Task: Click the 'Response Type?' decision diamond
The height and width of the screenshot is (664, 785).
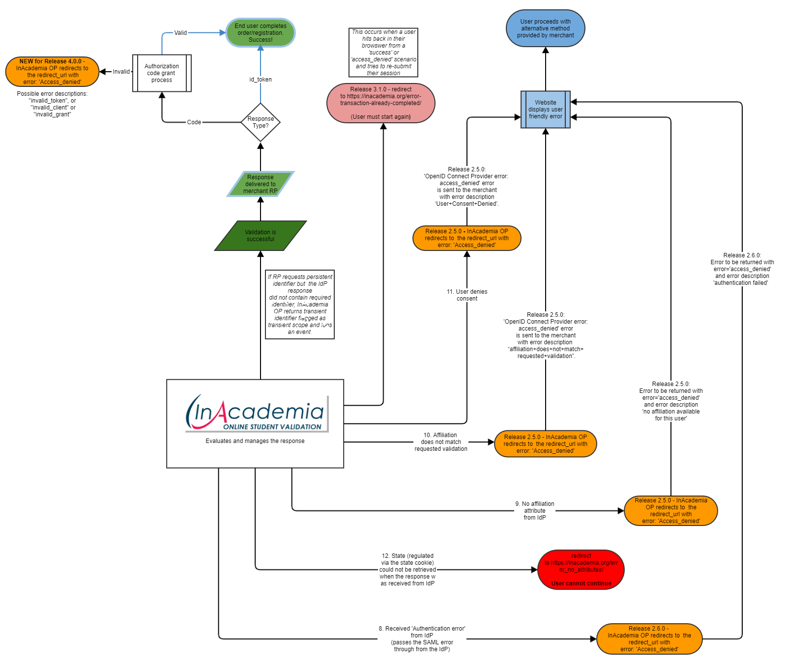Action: tap(261, 122)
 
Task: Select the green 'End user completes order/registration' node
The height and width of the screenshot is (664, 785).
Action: tap(261, 33)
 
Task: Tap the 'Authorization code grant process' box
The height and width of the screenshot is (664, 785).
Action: tap(162, 73)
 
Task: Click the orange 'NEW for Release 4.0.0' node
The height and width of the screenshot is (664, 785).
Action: tap(52, 72)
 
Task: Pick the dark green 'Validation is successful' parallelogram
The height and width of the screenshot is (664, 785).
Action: tap(261, 236)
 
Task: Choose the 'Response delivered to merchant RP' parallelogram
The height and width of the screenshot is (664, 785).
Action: tap(261, 184)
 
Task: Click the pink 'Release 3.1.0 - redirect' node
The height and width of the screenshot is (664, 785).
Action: tap(381, 103)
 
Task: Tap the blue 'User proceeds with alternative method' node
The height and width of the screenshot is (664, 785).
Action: tap(545, 28)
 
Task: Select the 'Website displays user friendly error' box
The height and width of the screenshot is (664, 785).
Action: tap(546, 110)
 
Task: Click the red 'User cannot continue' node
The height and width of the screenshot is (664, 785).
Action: tap(581, 570)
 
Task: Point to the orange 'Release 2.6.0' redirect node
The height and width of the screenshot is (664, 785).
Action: tap(649, 639)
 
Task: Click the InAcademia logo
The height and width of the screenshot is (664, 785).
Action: tap(256, 413)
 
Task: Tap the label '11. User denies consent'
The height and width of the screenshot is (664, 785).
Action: tap(467, 295)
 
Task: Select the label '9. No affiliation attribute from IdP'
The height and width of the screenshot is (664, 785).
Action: tap(535, 511)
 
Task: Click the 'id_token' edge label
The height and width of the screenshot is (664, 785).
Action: tap(261, 80)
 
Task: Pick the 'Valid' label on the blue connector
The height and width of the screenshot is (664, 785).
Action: tap(180, 33)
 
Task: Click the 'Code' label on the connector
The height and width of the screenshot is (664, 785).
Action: tap(194, 122)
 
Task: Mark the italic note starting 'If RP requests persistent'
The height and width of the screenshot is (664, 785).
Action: tap(300, 304)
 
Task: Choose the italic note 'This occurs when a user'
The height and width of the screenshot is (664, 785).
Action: tap(383, 53)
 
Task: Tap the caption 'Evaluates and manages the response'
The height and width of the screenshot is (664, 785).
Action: tap(255, 441)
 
